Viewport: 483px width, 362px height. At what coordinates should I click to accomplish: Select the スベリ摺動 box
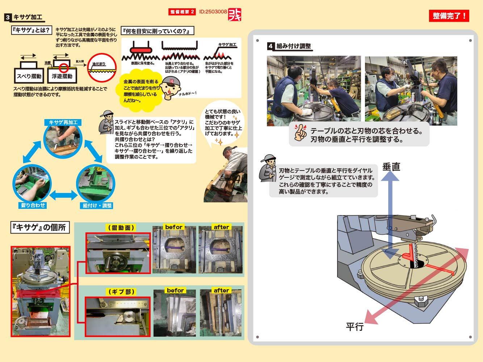(29, 76)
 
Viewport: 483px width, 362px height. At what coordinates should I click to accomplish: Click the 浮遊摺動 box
(62, 76)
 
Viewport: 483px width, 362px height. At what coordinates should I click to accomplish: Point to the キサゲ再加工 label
(63, 122)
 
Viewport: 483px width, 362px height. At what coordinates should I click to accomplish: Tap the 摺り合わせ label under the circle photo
(33, 205)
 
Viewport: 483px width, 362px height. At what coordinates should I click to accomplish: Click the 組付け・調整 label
(97, 206)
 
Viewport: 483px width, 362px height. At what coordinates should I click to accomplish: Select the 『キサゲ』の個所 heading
(40, 227)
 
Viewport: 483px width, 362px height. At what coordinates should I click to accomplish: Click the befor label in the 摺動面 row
(174, 227)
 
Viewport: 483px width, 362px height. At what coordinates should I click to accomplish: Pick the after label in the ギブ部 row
(221, 290)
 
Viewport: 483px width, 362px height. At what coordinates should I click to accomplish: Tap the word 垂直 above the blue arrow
(391, 167)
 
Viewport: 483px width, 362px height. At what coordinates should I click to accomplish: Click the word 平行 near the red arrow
(354, 327)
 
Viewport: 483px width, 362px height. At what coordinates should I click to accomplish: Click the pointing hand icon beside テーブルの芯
(300, 133)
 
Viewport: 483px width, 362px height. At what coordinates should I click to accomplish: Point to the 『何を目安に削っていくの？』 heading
(157, 31)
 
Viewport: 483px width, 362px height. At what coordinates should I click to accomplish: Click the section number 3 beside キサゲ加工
(8, 17)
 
